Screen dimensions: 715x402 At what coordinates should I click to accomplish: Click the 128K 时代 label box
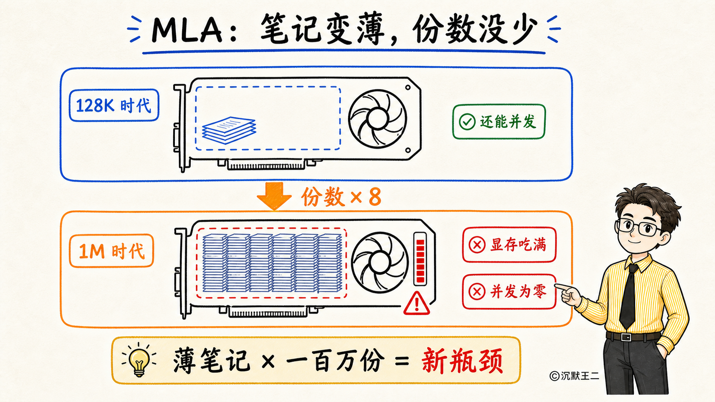tap(114, 105)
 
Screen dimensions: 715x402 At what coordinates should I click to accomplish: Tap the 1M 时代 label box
tap(112, 251)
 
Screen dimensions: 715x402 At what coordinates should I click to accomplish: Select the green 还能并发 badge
tap(499, 121)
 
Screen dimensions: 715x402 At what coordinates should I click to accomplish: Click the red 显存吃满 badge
tap(509, 244)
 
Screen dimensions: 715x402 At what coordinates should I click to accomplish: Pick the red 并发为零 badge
tap(509, 291)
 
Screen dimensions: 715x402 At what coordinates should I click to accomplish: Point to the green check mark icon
tap(467, 122)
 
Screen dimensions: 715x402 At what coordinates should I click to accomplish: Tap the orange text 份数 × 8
tap(341, 197)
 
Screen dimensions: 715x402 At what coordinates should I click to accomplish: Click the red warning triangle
tap(417, 303)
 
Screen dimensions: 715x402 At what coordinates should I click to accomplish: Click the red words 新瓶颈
tap(462, 361)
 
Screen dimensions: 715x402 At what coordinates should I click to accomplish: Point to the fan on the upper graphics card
tap(377, 119)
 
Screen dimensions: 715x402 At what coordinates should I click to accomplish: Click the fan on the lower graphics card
tap(380, 262)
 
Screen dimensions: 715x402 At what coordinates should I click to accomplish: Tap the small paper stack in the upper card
tap(229, 130)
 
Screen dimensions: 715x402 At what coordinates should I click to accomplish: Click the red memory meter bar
tap(420, 259)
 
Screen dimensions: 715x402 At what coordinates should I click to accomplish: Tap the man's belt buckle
tap(626, 337)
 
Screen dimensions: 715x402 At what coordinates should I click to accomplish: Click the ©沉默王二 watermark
tap(574, 376)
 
